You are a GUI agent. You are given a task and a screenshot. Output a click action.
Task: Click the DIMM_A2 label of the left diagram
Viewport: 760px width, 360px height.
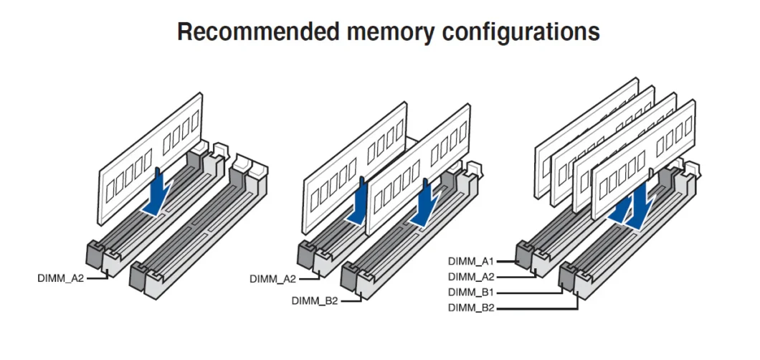tap(61, 278)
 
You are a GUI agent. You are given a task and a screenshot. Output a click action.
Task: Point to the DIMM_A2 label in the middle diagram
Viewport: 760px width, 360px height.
tap(273, 278)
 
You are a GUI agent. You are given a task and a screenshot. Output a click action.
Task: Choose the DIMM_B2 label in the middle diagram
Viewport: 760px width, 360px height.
tap(315, 300)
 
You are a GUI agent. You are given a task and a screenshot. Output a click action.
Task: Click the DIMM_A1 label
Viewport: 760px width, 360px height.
tap(472, 262)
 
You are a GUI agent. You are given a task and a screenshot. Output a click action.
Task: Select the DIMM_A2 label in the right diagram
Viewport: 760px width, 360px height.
tap(472, 277)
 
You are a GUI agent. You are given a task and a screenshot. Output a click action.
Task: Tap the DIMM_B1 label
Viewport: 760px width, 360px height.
tap(472, 293)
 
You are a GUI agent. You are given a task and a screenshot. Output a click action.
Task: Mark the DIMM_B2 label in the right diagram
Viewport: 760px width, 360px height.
tap(472, 308)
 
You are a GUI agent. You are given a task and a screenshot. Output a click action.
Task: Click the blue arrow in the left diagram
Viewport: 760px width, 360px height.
tap(158, 192)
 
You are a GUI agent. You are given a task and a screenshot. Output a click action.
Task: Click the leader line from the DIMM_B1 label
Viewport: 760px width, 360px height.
tap(531, 293)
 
